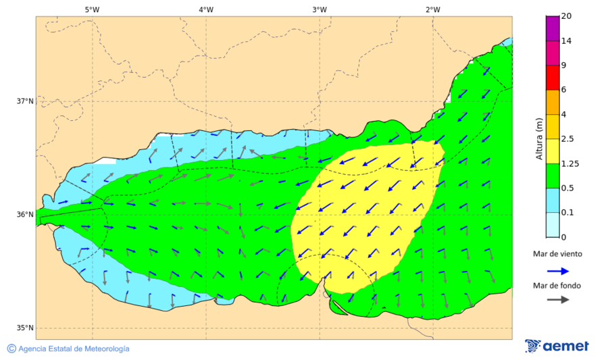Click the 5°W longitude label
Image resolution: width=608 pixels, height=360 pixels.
[92, 9]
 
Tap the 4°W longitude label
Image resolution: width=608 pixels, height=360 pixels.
[206, 9]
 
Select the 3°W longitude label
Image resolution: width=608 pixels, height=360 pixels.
[320, 9]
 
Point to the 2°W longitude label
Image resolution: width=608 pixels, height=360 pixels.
[433, 9]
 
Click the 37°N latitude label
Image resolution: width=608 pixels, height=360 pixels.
[25, 101]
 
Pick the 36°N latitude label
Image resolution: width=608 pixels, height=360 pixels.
[25, 215]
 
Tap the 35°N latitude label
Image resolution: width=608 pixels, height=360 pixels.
[25, 328]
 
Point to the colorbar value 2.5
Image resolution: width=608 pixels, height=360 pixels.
[567, 139]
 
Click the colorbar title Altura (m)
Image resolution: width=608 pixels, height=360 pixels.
[539, 138]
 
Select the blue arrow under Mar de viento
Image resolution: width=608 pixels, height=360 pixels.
[557, 271]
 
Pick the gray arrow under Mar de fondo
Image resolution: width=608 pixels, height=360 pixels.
[557, 301]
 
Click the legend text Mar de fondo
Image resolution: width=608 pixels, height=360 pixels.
[557, 286]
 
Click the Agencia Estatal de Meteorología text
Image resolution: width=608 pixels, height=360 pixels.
[73, 349]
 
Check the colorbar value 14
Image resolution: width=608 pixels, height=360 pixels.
[566, 41]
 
